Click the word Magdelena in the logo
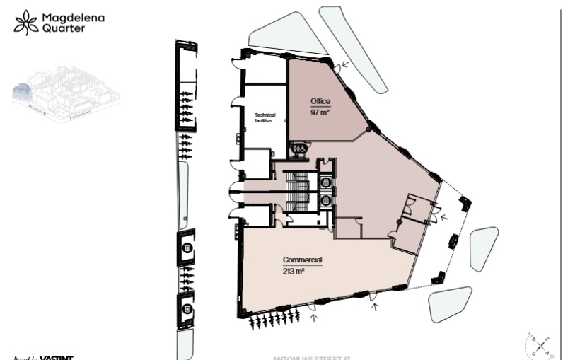(x=73, y=16)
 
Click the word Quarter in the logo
(x=64, y=29)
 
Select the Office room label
(x=320, y=101)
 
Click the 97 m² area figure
(x=320, y=112)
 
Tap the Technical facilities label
(x=265, y=117)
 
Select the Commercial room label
(x=303, y=260)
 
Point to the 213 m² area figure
(x=294, y=271)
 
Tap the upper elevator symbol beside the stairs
(x=325, y=183)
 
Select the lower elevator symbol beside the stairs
(x=325, y=200)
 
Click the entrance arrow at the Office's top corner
(x=344, y=65)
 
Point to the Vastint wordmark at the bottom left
(x=57, y=357)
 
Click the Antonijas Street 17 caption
(x=311, y=357)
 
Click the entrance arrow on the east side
(x=443, y=218)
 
